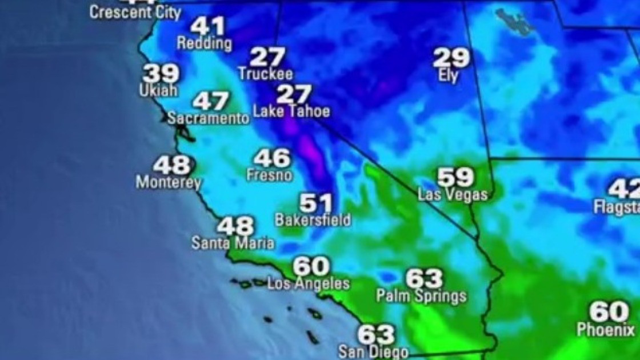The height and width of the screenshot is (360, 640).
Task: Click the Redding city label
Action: point(204,43)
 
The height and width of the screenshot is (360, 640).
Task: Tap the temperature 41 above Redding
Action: point(207,26)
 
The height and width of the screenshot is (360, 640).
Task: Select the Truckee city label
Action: point(265,74)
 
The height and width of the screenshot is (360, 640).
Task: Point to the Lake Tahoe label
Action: point(291,111)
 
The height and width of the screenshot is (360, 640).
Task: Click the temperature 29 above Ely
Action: point(451,58)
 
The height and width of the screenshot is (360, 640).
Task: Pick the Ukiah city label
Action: point(158,90)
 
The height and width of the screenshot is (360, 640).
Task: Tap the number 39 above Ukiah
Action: point(161,73)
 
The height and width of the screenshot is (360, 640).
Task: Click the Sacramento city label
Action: point(208,118)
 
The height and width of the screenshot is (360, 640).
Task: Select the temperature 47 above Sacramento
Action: point(210,101)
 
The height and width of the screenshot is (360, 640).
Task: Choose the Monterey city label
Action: point(169,183)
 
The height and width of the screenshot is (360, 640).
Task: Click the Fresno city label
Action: point(269,175)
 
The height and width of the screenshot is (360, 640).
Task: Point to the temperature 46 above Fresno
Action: point(272,158)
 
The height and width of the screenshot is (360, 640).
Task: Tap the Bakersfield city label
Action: point(313,220)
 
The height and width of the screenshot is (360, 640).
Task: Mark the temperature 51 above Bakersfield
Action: point(316,202)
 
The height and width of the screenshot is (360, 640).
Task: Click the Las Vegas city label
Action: point(453,195)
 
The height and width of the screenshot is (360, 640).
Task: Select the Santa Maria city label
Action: point(233,243)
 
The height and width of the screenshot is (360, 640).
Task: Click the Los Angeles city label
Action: point(309,283)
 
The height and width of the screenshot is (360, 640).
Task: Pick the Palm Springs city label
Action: point(421,296)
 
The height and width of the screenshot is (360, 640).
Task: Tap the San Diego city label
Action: point(373,351)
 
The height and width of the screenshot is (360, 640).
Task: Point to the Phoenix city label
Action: point(605,330)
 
